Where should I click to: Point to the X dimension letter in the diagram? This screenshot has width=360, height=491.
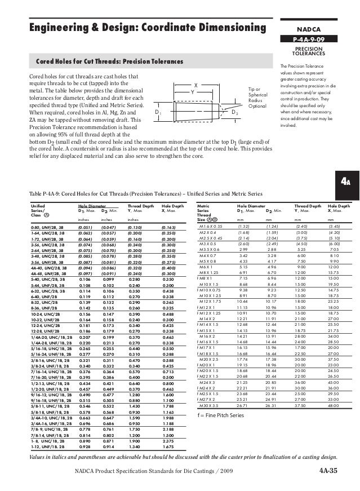(195, 85)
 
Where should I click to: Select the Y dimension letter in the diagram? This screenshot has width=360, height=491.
(193, 92)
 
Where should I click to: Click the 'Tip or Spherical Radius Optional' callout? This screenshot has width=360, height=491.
(257, 99)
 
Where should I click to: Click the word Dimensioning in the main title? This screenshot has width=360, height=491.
(225, 28)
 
